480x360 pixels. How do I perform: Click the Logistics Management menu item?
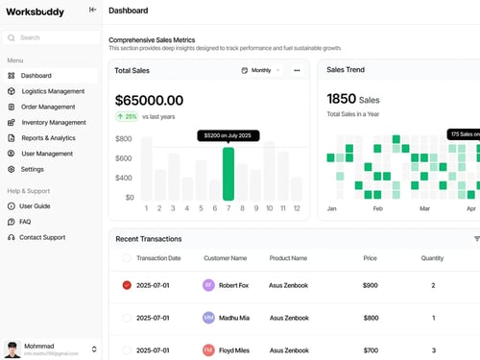coord(53,91)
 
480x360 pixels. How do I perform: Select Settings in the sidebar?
coord(32,169)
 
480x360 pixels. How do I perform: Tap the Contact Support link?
coord(41,237)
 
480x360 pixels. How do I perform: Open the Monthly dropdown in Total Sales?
coord(260,70)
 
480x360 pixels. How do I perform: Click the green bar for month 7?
coord(228,174)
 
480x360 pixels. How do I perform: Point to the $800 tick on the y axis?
coord(124,138)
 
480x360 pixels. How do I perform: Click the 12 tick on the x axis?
coord(298,208)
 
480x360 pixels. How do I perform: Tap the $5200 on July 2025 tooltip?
coord(229,136)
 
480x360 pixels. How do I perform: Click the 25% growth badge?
coord(126,116)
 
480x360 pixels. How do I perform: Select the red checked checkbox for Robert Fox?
coord(127,285)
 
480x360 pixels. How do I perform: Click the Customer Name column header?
coord(225,258)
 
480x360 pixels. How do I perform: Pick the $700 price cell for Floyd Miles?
coord(371,350)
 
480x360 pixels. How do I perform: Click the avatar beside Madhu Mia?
coord(208,318)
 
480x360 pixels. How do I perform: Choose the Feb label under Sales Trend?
coord(378,208)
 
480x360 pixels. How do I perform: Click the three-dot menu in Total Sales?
coord(297,70)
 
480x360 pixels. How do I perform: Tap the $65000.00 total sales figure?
coord(149,99)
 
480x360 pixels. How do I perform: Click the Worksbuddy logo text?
coord(36,11)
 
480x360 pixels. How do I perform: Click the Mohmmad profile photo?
coord(12,348)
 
